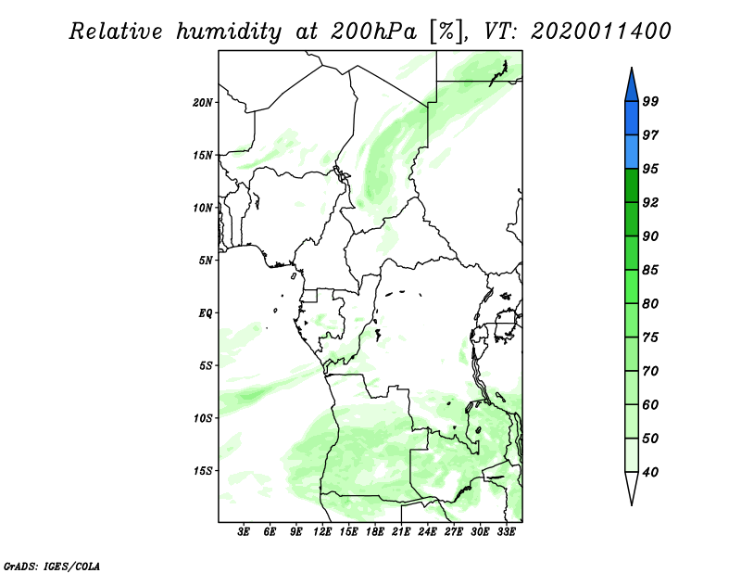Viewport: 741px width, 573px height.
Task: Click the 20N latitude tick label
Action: click(x=203, y=103)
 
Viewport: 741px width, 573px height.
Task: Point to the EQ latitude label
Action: click(x=206, y=313)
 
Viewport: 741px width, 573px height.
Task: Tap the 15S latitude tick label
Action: click(x=203, y=471)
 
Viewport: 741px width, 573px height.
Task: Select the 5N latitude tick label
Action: click(x=206, y=261)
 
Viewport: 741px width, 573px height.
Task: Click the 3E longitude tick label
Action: click(x=244, y=531)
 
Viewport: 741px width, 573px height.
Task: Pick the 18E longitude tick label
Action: click(x=375, y=531)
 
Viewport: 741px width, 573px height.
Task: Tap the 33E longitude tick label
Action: click(x=506, y=531)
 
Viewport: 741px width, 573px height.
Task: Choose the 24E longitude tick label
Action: click(x=427, y=531)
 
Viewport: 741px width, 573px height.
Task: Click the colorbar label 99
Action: click(x=650, y=101)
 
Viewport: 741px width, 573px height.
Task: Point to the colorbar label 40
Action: click(x=650, y=472)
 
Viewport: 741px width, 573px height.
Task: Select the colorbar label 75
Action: click(x=650, y=337)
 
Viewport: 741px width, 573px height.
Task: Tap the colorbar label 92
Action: click(x=650, y=202)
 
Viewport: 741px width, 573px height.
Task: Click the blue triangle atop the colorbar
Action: click(x=632, y=87)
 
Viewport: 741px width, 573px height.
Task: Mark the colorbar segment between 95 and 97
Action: click(x=632, y=152)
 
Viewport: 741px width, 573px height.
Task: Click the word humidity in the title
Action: click(x=229, y=32)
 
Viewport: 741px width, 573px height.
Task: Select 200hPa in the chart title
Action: click(x=373, y=32)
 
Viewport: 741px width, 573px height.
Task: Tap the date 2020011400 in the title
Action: click(x=600, y=32)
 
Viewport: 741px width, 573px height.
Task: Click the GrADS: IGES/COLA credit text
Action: click(x=52, y=566)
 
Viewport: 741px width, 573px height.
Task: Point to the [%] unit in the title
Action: click(x=446, y=32)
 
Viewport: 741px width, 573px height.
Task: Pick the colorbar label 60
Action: click(x=650, y=405)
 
